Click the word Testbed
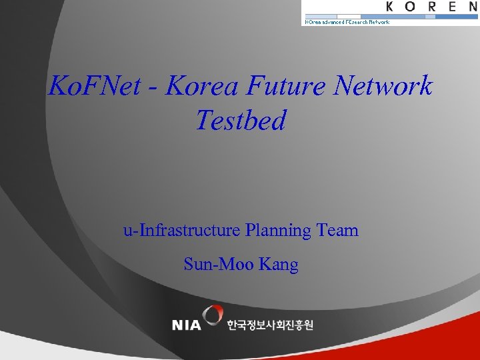241,121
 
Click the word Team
337,231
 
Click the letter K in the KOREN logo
391,7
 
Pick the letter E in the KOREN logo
455,7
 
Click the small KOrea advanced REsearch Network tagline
347,21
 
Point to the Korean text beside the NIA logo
269,325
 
